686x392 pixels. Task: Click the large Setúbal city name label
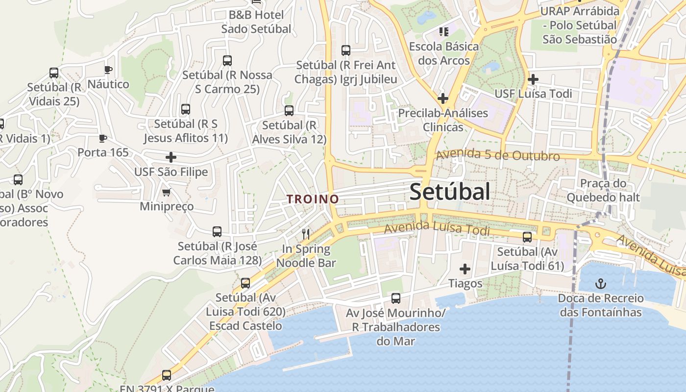coord(449,192)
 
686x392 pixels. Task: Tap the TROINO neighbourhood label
coord(313,199)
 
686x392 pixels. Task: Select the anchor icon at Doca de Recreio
coord(600,283)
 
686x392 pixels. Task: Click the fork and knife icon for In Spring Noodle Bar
coord(306,234)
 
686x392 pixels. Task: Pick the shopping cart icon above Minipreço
coord(167,192)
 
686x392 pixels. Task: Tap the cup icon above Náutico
coord(108,70)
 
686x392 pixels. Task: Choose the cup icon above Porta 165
coord(103,138)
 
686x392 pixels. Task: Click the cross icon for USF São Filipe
coord(171,157)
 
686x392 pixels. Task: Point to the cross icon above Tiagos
coord(465,269)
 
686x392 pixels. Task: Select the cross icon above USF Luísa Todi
coord(533,79)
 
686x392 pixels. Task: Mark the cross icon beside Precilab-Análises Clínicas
coord(442,98)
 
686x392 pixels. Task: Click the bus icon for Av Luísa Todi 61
coord(527,237)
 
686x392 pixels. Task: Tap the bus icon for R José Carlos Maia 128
coord(217,231)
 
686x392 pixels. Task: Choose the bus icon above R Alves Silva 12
coord(289,111)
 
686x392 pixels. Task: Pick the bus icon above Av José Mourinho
coord(396,298)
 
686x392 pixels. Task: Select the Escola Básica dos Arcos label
coord(444,53)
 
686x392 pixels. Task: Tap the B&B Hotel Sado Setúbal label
coord(256,22)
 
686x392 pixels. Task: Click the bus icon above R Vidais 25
coord(54,73)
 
